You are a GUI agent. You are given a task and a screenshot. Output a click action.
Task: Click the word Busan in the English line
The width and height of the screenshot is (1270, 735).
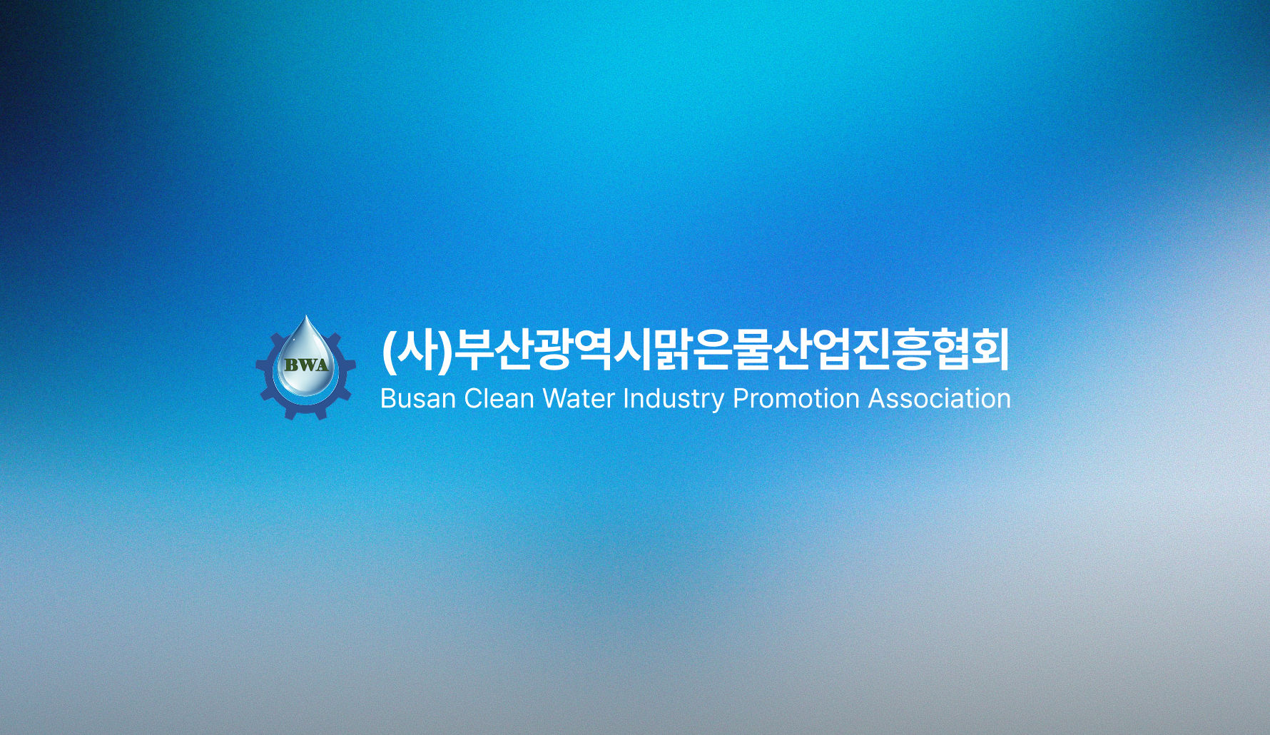pos(417,398)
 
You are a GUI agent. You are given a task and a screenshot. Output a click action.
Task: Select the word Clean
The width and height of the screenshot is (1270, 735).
pos(499,398)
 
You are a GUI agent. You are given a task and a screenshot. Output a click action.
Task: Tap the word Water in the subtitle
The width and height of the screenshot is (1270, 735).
pos(579,398)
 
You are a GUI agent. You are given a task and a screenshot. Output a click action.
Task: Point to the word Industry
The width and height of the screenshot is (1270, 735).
pos(674,398)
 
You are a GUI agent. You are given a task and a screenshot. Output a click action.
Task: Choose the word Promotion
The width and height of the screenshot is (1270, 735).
pos(796,398)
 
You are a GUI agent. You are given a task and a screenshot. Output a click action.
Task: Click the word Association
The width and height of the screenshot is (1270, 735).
pos(939,398)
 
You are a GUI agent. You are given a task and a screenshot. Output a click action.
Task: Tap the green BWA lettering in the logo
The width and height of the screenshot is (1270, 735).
pos(306,365)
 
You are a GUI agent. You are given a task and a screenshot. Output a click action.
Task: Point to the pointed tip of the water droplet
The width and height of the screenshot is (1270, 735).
pos(307,318)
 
